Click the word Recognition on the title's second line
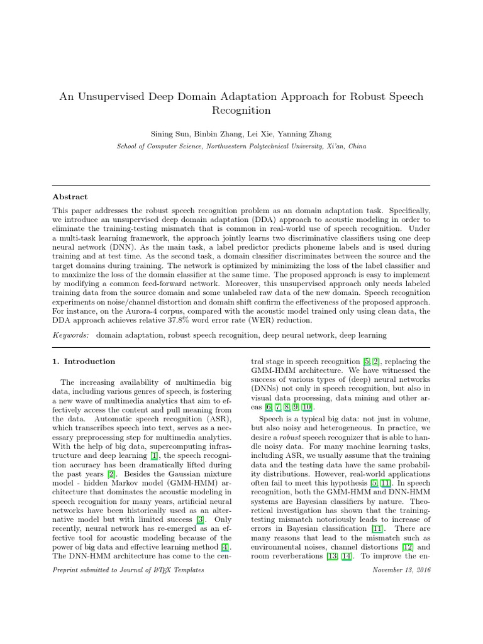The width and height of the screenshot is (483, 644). (x=241, y=111)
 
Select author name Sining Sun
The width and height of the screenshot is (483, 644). (x=170, y=135)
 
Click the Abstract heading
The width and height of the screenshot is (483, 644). (x=70, y=196)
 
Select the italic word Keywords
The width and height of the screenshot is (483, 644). (x=70, y=335)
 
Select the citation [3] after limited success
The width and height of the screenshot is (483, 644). (x=199, y=519)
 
